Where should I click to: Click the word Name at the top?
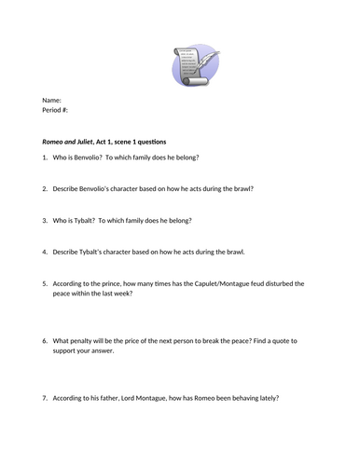(52, 101)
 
